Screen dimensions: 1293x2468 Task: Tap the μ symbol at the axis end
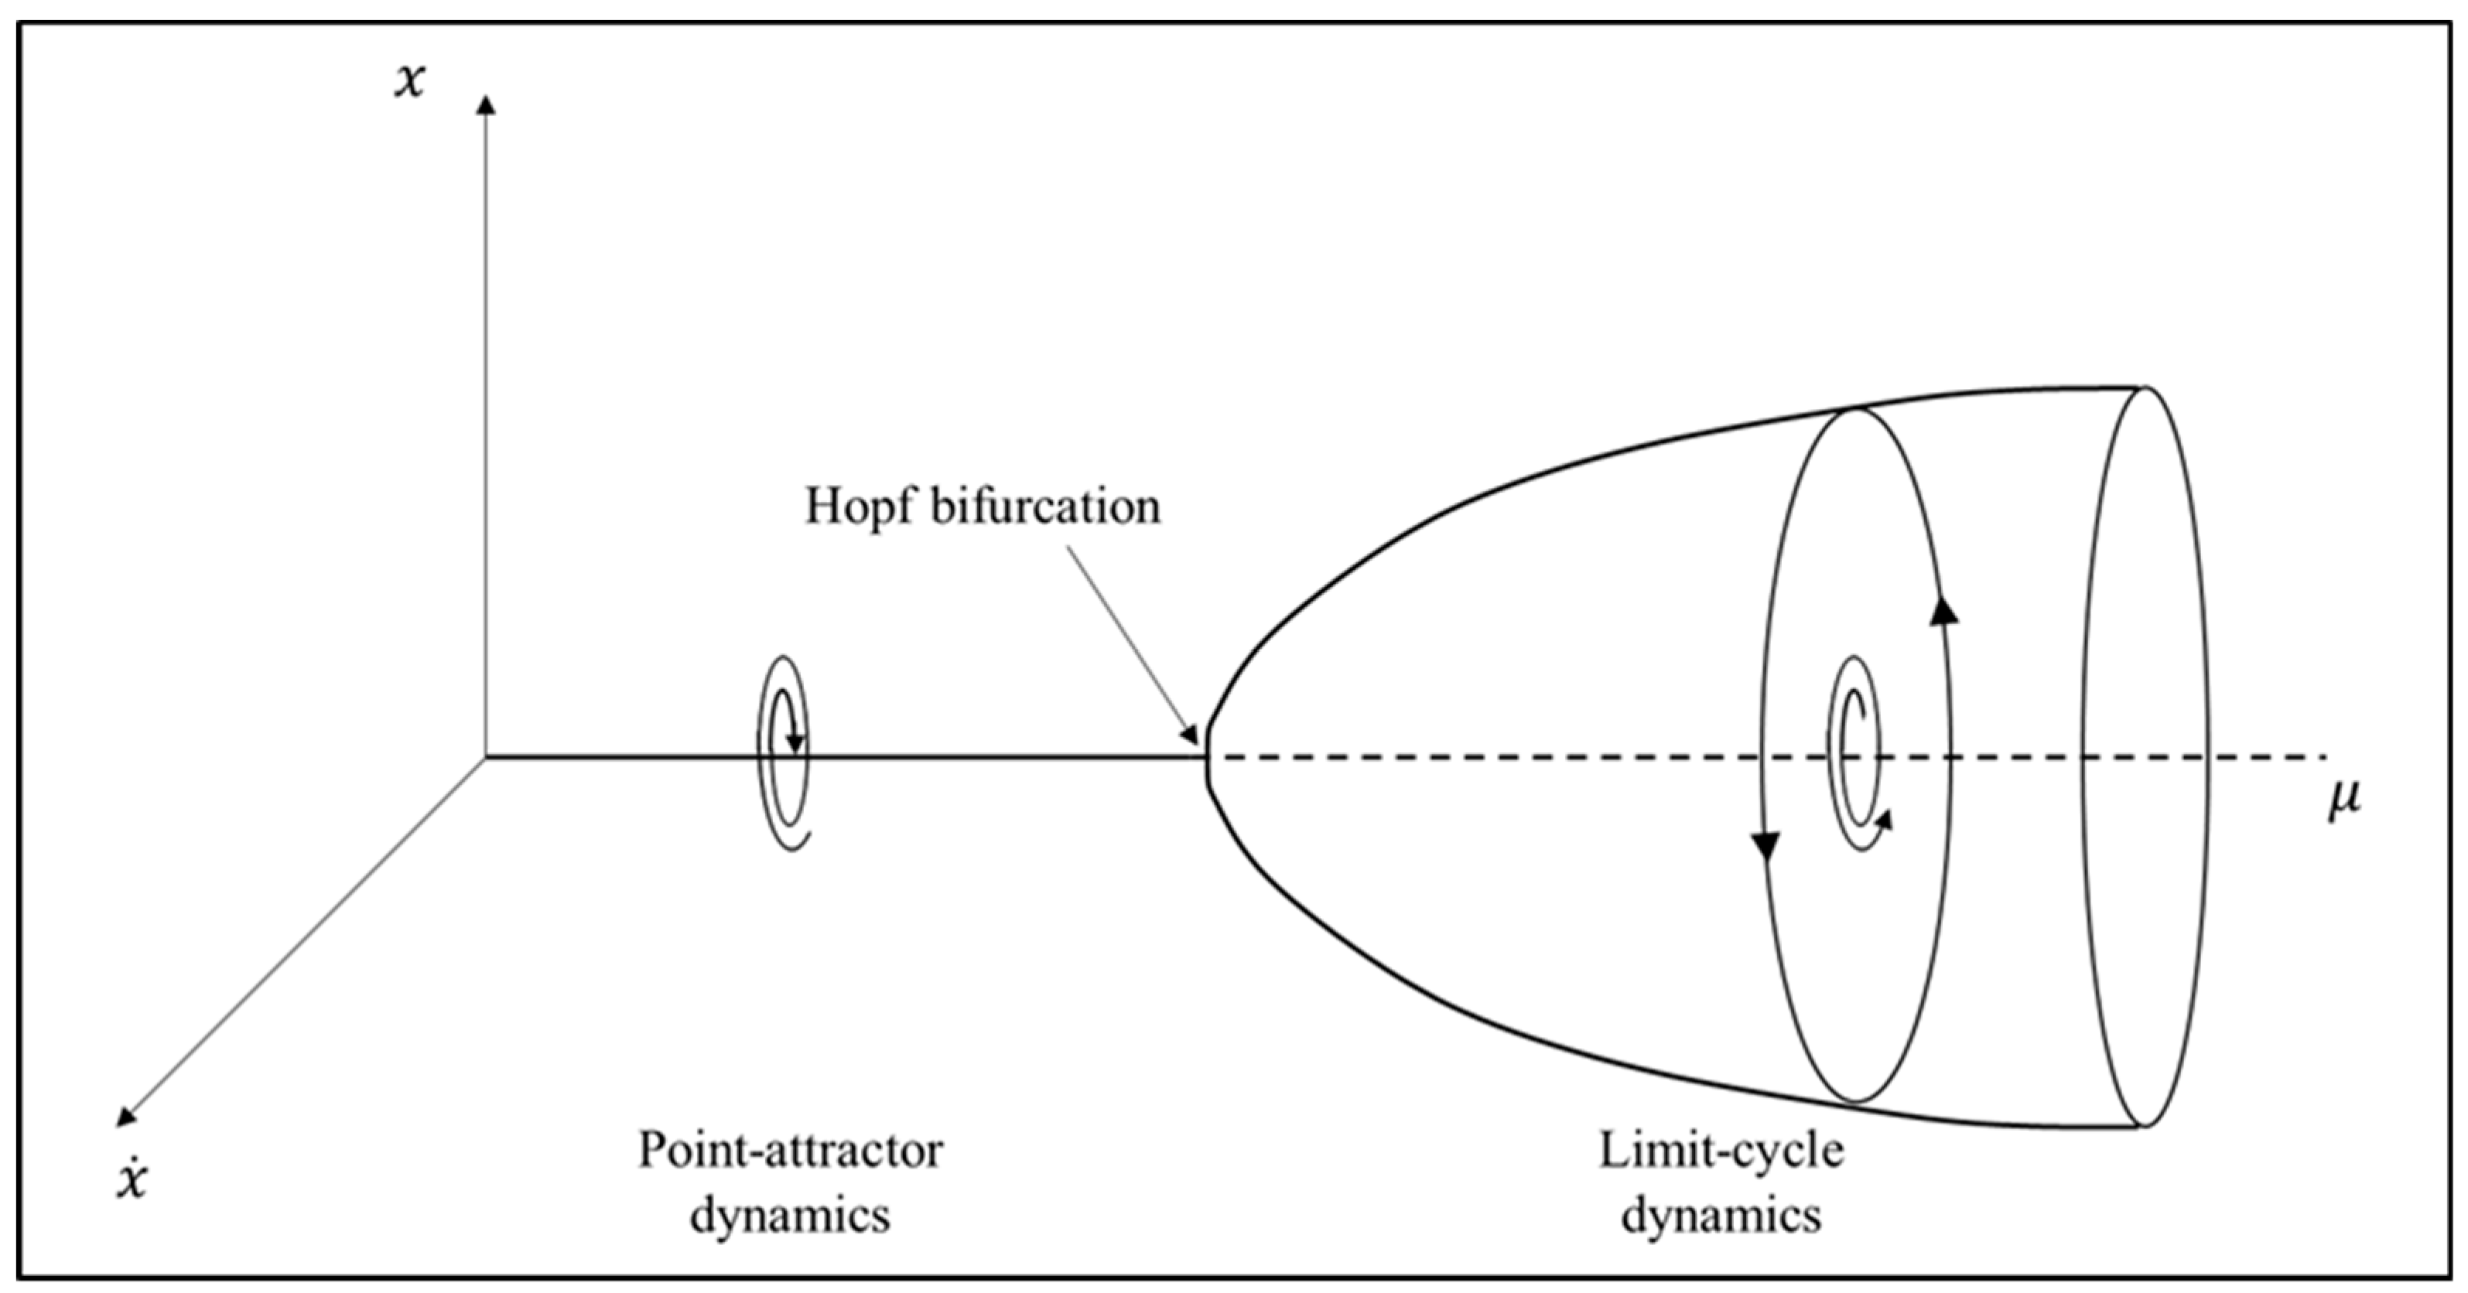point(2344,800)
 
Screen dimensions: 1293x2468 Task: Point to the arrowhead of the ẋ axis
point(125,1117)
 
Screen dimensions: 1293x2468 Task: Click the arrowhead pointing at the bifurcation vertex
point(1191,735)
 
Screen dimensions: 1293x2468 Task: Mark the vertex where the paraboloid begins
point(1207,758)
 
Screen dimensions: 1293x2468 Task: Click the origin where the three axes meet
point(487,758)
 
